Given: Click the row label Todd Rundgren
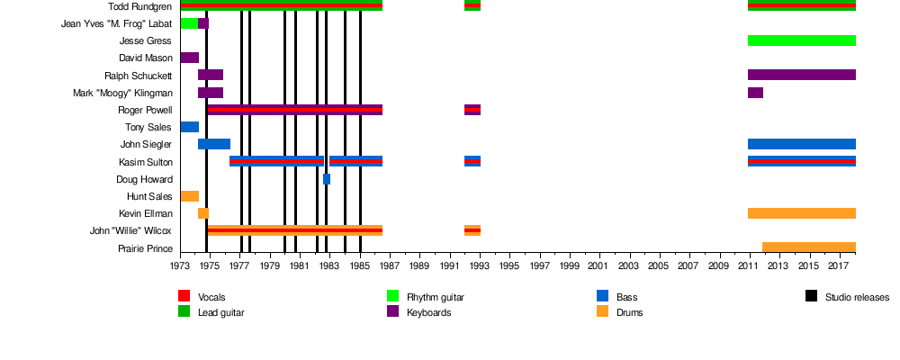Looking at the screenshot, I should [x=141, y=6].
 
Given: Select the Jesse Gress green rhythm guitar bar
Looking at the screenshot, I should [x=801, y=40].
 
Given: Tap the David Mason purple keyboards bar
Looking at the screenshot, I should [x=189, y=58].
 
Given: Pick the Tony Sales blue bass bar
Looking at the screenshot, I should [x=189, y=127].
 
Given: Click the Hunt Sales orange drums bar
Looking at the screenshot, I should [x=189, y=196].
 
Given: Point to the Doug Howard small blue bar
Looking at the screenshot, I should [x=327, y=179].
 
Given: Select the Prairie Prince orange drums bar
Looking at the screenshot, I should [x=808, y=247].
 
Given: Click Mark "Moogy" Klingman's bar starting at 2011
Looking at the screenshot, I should [x=755, y=93].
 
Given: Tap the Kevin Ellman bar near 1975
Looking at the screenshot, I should [x=203, y=213].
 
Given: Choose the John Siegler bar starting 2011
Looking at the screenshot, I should [x=801, y=144].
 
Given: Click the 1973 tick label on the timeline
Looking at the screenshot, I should [x=180, y=266].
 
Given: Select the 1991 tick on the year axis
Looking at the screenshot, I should [x=449, y=266].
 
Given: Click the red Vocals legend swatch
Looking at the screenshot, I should [x=184, y=296].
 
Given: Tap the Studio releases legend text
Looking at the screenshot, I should [x=857, y=297].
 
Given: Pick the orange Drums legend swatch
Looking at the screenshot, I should [x=602, y=311].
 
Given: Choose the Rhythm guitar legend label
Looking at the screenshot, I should [x=436, y=297].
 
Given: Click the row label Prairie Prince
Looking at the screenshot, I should [x=145, y=248].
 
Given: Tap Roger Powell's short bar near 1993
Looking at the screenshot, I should [x=472, y=110].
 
